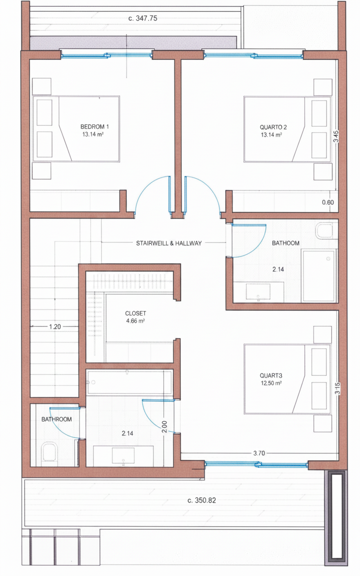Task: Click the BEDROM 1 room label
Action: pos(94,126)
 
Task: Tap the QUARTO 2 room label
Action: pos(273,127)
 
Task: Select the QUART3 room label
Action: pos(271,376)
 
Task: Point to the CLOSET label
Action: pos(135,313)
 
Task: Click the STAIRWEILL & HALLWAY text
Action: pos(169,243)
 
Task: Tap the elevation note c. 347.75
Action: pos(143,18)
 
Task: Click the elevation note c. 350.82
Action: pos(202,500)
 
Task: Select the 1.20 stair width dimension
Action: pos(55,327)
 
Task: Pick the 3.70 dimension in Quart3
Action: pos(259,453)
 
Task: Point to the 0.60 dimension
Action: pos(328,202)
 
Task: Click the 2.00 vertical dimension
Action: pos(165,427)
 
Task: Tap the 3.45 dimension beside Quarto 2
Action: pos(336,136)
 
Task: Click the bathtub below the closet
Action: pos(129,382)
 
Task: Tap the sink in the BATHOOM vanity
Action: pos(258,292)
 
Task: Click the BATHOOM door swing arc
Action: pos(258,247)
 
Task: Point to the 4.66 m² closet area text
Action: pos(135,321)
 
